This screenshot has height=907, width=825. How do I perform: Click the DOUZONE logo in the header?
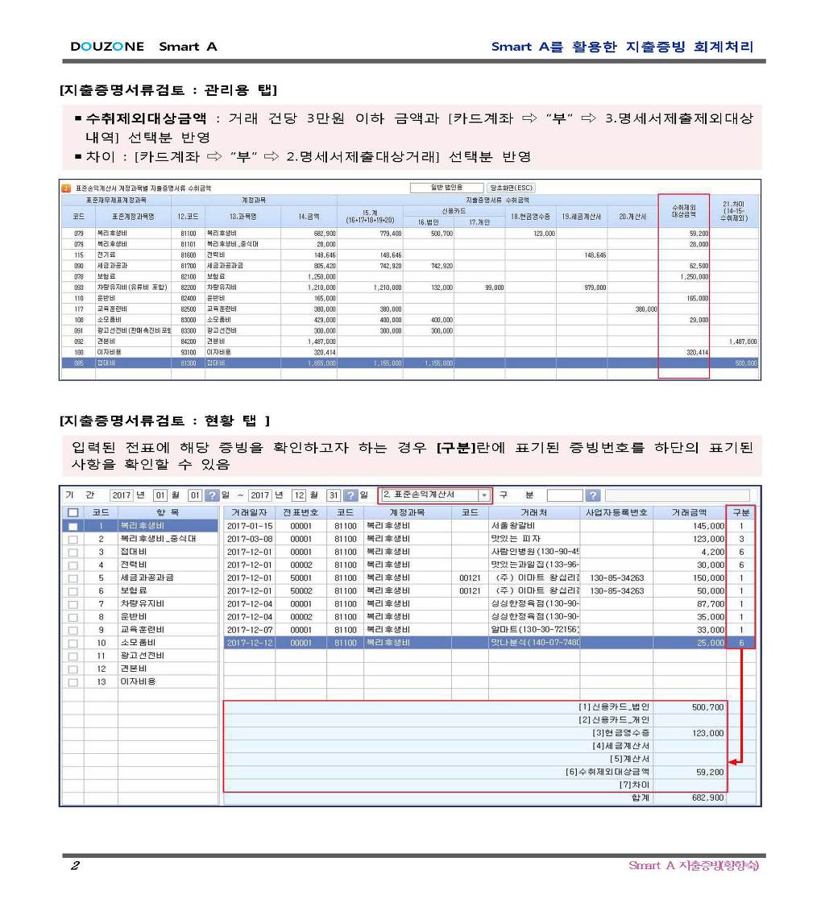point(107,47)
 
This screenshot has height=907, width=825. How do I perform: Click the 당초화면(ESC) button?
point(511,188)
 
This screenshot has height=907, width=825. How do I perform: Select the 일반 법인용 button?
point(446,188)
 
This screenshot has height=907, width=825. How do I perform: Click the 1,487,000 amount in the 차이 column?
point(741,342)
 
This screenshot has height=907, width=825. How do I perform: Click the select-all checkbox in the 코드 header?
point(73,512)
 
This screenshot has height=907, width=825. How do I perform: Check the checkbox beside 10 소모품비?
point(73,643)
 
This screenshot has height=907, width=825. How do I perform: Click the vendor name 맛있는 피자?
point(516,538)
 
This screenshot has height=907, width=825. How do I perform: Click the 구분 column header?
point(741,512)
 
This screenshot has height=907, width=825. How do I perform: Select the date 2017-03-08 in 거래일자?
point(249,538)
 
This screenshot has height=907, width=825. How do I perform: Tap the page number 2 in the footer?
point(74,866)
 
